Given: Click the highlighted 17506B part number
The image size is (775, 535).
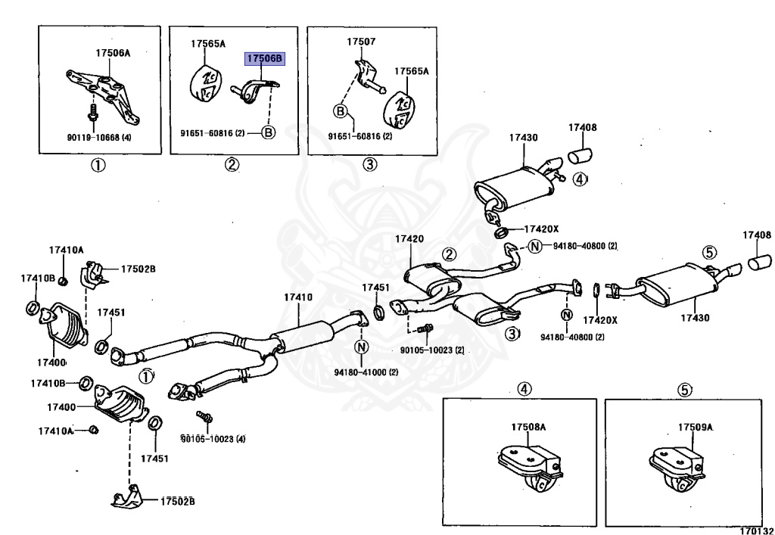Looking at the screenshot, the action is click(x=265, y=59).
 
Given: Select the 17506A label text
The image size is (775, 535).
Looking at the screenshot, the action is click(x=114, y=52).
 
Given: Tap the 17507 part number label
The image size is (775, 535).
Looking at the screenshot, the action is click(x=361, y=42).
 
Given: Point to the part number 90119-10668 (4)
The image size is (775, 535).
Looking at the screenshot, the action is click(x=99, y=138).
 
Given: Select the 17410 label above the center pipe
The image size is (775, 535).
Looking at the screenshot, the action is click(x=298, y=297).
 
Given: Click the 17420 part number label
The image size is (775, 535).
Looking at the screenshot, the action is click(x=409, y=239).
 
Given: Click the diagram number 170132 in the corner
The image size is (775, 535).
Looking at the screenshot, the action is click(x=756, y=530).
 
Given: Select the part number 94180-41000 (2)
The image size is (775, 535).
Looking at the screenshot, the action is click(x=366, y=372).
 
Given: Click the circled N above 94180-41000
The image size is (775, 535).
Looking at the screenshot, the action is click(x=362, y=347).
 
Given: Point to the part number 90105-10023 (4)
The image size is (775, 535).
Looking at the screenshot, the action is click(x=213, y=439).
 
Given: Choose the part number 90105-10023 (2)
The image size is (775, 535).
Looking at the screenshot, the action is click(x=432, y=350).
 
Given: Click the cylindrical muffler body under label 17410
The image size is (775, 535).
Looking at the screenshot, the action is click(x=301, y=337).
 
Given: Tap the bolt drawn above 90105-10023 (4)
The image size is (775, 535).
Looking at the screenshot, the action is click(x=204, y=418).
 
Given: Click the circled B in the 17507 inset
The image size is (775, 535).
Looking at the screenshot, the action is click(x=341, y=112).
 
